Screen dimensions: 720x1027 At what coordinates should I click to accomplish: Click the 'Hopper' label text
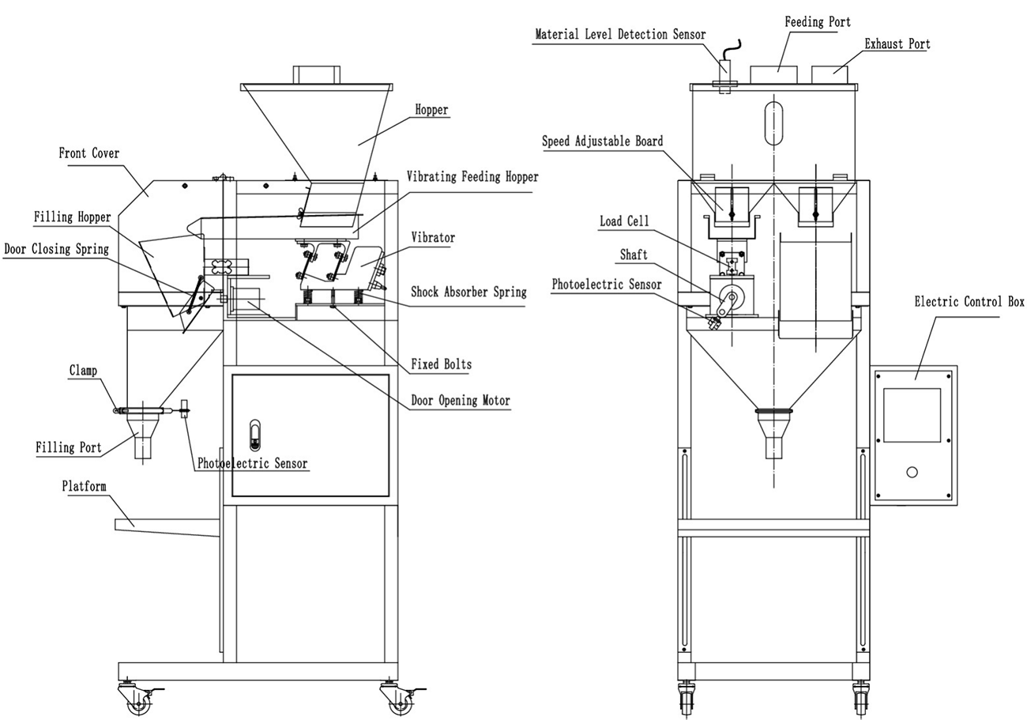[x=431, y=110]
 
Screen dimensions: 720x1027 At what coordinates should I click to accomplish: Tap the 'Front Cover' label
[x=89, y=153]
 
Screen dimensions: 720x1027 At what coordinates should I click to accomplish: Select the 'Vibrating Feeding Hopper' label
[x=472, y=177]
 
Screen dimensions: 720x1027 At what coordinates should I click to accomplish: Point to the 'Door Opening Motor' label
[x=461, y=401]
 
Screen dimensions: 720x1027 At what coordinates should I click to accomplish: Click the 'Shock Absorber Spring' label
[x=468, y=292]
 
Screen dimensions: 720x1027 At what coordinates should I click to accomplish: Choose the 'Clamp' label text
[x=83, y=370]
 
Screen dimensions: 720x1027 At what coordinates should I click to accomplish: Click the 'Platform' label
[x=84, y=486]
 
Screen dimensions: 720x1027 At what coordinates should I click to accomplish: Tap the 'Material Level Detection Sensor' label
[x=620, y=35]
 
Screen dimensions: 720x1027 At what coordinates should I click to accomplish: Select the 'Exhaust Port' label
[x=897, y=44]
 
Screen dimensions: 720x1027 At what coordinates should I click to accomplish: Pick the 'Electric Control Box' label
[x=969, y=302]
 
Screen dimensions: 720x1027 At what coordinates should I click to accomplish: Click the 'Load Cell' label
[x=624, y=221]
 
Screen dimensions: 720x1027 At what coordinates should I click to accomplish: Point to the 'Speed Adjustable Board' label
[x=602, y=141]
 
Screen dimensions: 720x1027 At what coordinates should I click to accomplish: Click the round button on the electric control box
[x=912, y=472]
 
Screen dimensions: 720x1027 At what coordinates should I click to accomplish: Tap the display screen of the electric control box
[x=912, y=415]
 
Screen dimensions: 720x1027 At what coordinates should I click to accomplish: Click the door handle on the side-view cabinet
[x=254, y=433]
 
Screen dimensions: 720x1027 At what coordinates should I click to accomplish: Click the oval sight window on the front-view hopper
[x=773, y=121]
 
